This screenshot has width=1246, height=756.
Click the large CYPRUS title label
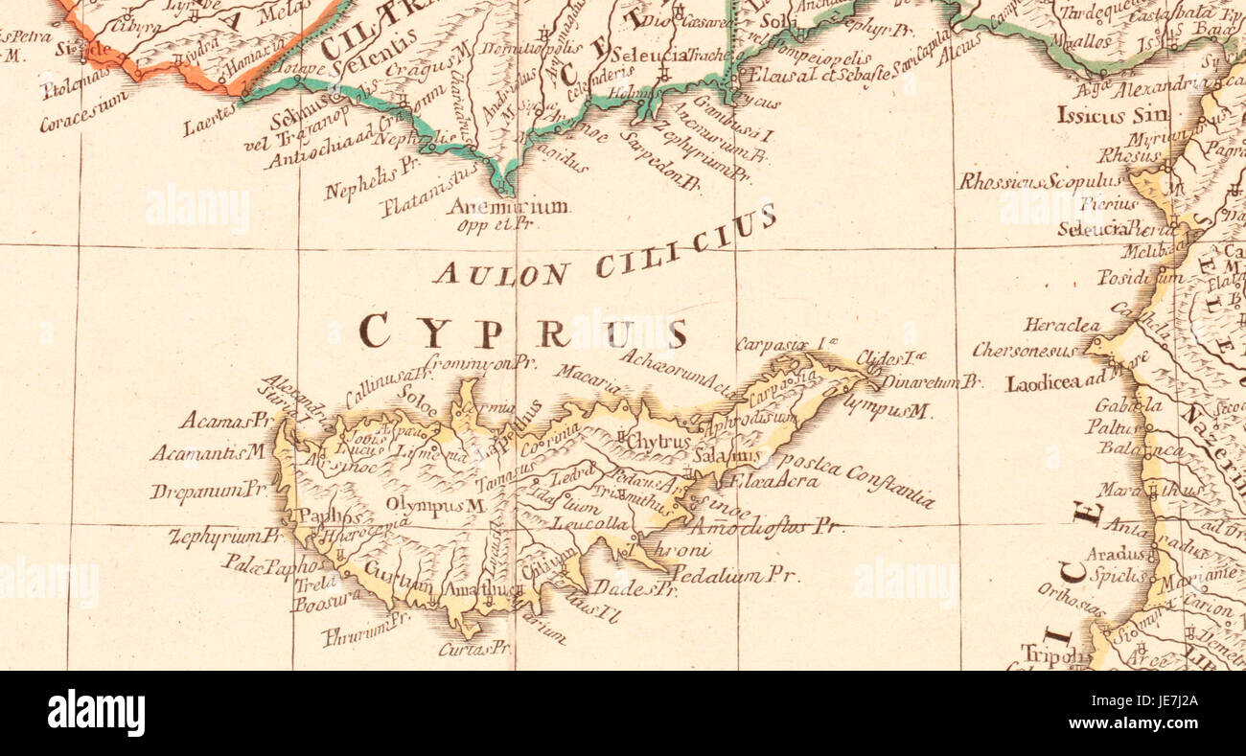coord(523,332)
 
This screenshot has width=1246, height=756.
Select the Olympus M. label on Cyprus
coord(431,505)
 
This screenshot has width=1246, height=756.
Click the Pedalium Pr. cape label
coord(734,576)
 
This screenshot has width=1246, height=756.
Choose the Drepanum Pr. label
coord(207,491)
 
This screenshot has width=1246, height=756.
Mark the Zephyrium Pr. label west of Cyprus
coord(224,538)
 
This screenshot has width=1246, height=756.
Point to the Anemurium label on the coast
coord(509,206)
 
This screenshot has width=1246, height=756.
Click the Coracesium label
coord(84,112)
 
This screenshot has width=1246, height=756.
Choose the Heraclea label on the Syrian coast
coord(1061,326)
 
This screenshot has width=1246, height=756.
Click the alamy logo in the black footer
coord(96,714)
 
